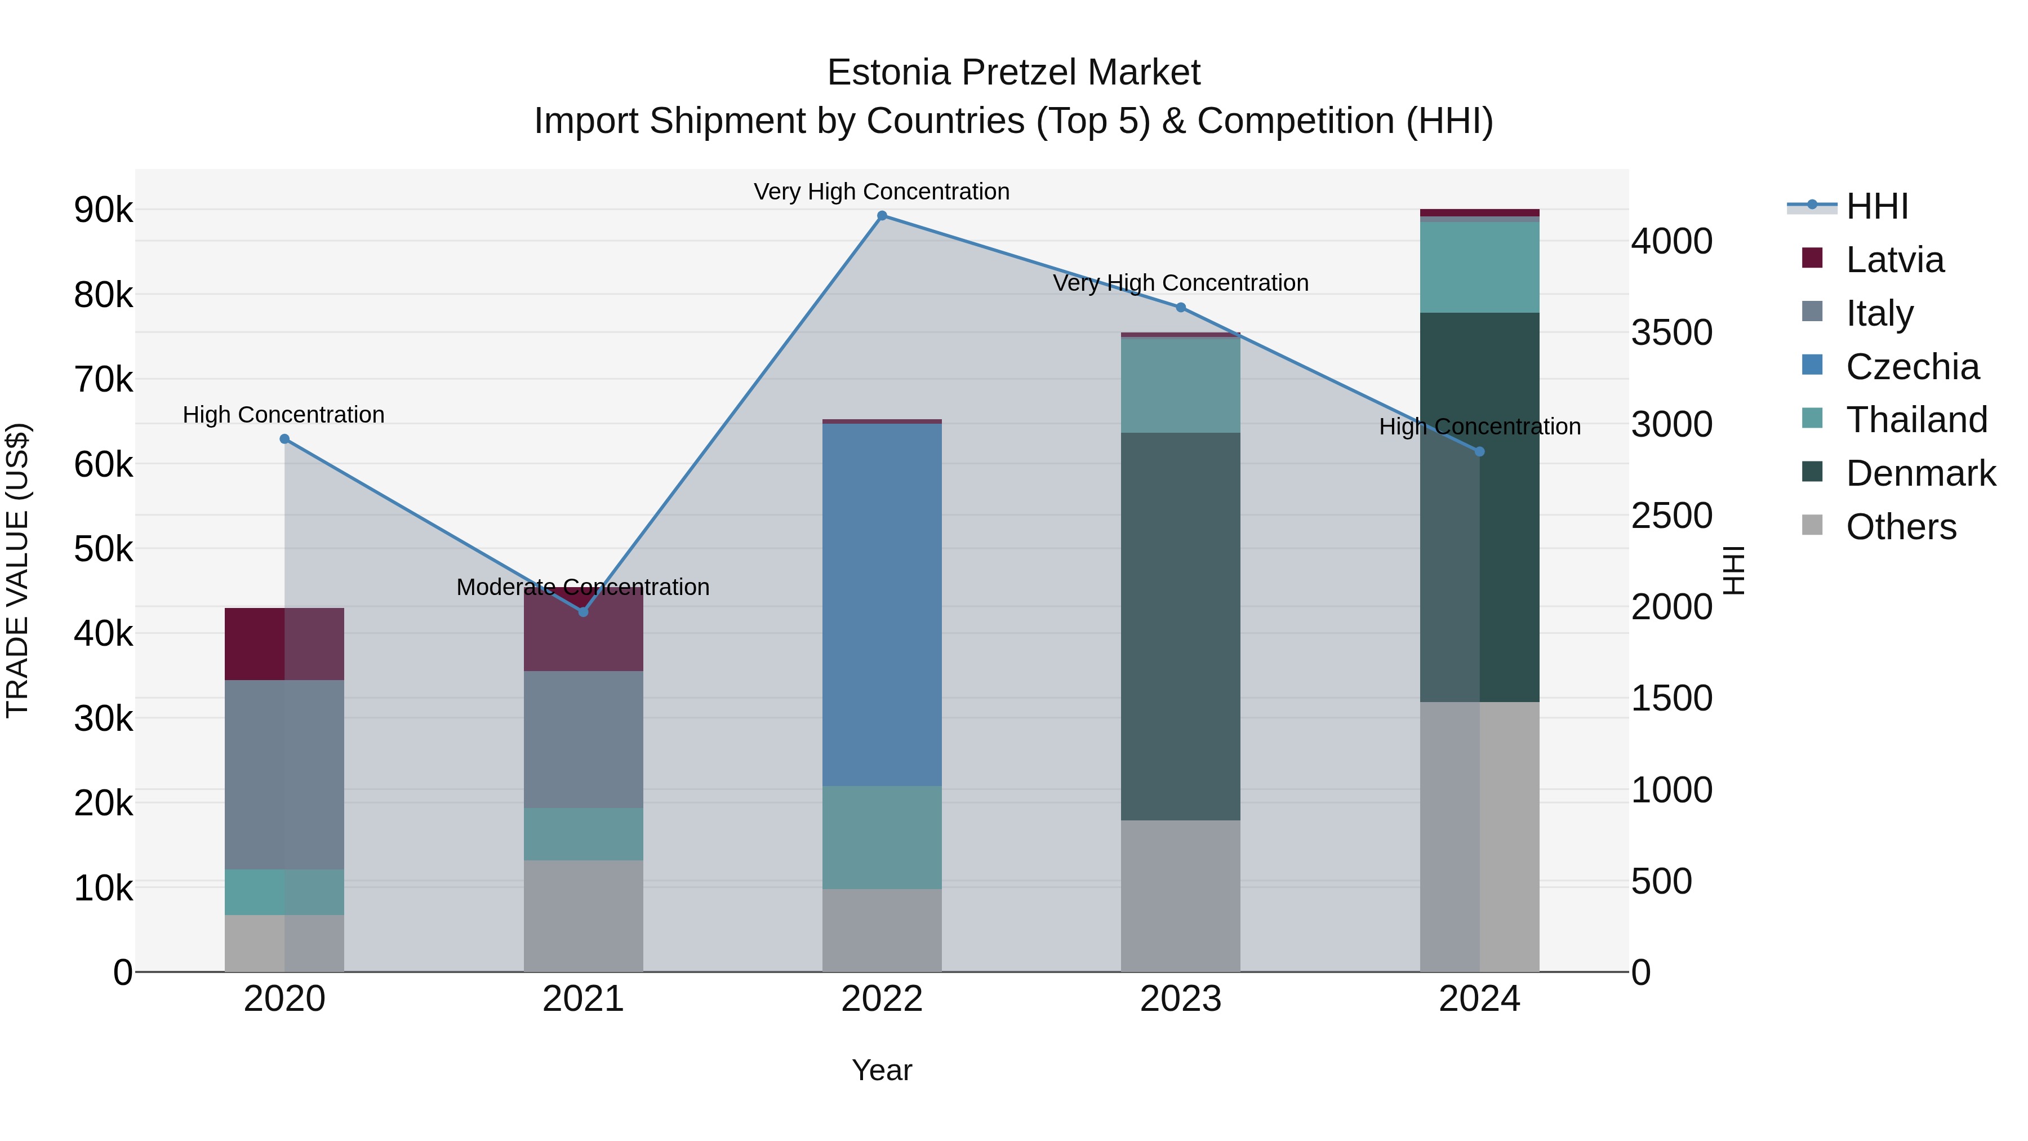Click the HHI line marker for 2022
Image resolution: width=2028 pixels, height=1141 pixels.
[x=882, y=216]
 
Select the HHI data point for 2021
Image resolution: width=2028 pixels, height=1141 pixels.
[x=584, y=612]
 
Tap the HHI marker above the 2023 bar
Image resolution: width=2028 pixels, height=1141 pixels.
[x=1180, y=308]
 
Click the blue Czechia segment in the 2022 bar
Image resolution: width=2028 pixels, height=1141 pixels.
[x=882, y=605]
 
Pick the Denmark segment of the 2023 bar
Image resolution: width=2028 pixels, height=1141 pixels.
[x=1180, y=626]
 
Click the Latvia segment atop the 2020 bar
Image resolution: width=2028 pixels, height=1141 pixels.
[x=284, y=643]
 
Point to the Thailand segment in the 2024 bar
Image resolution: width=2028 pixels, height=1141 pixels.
[x=1479, y=267]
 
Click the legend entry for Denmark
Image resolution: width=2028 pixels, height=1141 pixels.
[x=1920, y=473]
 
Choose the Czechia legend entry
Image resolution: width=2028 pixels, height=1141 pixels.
[x=1911, y=367]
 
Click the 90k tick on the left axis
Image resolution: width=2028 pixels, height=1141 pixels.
[x=103, y=210]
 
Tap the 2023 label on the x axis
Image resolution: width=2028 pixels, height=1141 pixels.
[x=1180, y=999]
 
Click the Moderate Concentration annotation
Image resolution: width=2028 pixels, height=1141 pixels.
[x=584, y=588]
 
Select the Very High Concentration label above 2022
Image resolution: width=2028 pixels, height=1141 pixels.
[x=882, y=192]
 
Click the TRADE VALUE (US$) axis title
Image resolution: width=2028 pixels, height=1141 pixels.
[x=17, y=570]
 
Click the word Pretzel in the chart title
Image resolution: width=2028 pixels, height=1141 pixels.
[x=1015, y=73]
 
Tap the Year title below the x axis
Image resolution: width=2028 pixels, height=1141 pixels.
[x=882, y=1070]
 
